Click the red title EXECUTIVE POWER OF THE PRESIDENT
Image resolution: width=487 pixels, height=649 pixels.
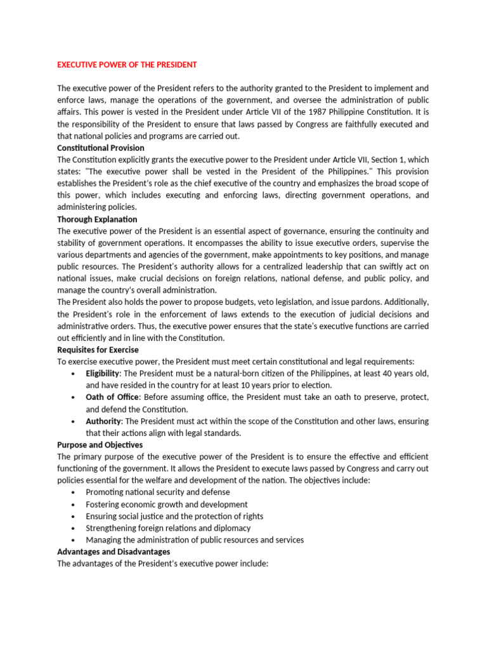click(127, 65)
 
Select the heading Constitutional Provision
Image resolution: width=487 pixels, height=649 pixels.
click(101, 148)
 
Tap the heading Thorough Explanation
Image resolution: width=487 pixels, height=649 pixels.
click(97, 219)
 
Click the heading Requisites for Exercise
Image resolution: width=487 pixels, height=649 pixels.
click(98, 350)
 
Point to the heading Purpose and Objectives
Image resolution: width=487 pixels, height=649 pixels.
click(100, 445)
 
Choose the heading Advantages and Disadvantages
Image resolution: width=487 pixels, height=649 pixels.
click(114, 552)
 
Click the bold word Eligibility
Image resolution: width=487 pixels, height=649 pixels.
click(103, 374)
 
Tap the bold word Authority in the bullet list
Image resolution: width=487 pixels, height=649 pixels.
click(103, 421)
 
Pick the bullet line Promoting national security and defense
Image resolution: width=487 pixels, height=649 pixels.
click(158, 492)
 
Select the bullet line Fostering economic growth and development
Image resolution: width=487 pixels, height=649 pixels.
click(167, 504)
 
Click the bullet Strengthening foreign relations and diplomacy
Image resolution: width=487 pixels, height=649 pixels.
click(168, 528)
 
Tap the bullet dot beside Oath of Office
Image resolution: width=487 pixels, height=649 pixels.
click(75, 398)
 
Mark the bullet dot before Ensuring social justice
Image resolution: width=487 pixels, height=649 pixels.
click(75, 517)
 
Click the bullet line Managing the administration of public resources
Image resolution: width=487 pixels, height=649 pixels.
click(195, 540)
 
